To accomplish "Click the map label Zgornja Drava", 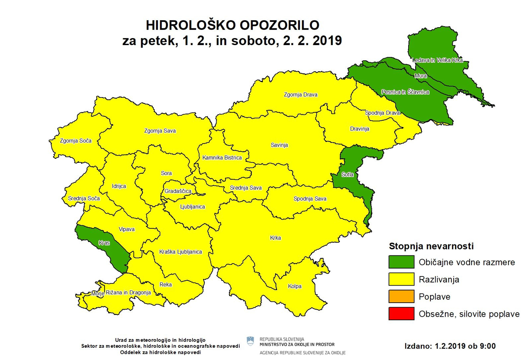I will (x=300, y=94).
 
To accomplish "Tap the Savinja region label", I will (x=279, y=146).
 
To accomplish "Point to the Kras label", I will (x=104, y=241).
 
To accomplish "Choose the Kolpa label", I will (x=294, y=287).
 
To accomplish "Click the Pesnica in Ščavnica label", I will (x=405, y=92).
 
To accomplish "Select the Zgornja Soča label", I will (x=67, y=141).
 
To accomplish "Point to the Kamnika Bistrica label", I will (x=222, y=158).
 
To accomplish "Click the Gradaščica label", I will (x=178, y=191).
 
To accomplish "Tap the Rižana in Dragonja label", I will (x=129, y=292).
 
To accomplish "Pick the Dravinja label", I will (x=360, y=129).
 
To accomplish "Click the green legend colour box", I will (x=401, y=262).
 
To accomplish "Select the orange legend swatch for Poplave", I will (x=401, y=297).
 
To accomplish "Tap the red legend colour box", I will (x=401, y=314).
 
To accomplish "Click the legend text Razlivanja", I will (x=439, y=280).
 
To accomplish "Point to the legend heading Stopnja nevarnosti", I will (x=431, y=246).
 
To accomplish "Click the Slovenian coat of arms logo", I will (x=250, y=342).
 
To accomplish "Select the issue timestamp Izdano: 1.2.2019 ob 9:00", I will (x=450, y=346).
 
